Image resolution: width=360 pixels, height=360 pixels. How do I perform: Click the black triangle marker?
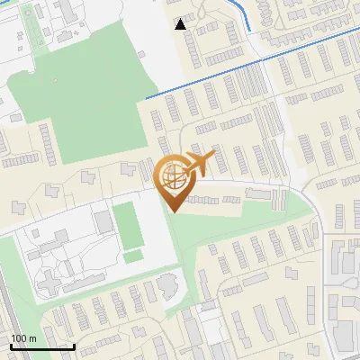click(x=181, y=24)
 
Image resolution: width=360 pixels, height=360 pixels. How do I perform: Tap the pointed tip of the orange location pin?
click(x=171, y=211)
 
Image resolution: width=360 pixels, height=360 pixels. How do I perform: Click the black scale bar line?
click(x=41, y=346)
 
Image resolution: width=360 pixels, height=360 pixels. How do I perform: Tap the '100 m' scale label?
click(x=23, y=338)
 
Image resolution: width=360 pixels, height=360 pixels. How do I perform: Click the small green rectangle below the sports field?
click(x=132, y=256)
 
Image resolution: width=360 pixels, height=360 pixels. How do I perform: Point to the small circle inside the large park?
click(x=54, y=80)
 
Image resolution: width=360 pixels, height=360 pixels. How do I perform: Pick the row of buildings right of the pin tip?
click(x=212, y=199)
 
